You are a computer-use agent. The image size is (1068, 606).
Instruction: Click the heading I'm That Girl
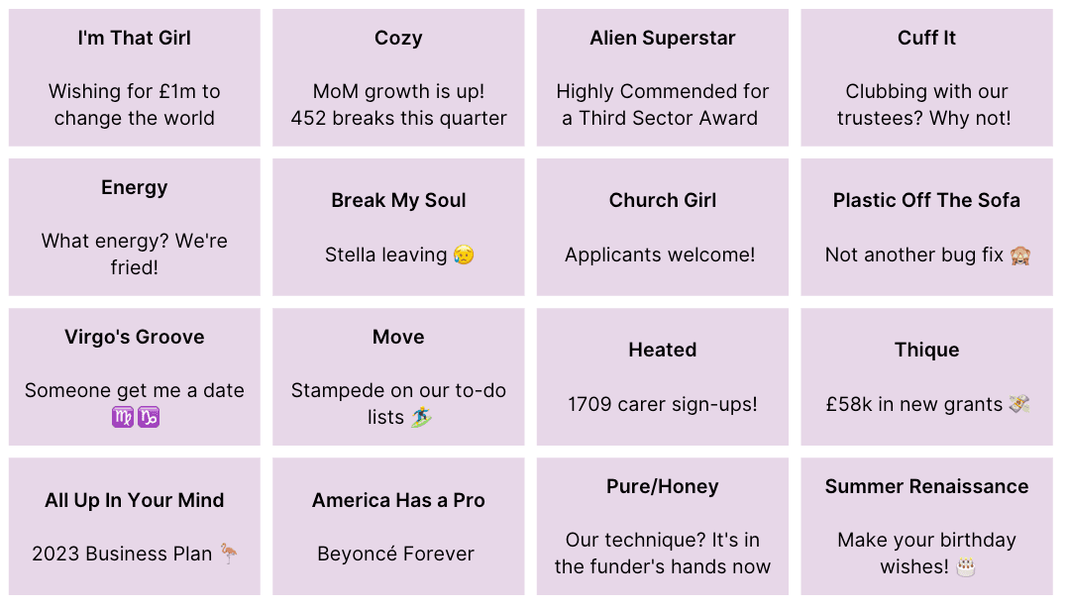click(134, 39)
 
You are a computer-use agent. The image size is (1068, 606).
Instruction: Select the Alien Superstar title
click(662, 39)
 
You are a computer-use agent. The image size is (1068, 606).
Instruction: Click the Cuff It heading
click(926, 39)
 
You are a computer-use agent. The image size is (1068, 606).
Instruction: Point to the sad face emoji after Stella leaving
click(463, 255)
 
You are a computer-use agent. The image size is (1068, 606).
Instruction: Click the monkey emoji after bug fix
click(1019, 255)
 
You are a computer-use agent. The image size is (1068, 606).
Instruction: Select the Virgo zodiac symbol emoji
click(122, 418)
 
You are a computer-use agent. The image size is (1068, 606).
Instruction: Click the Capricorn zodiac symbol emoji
click(148, 418)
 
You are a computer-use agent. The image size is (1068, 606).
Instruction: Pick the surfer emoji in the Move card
click(421, 418)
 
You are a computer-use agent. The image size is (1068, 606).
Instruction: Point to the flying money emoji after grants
click(1019, 404)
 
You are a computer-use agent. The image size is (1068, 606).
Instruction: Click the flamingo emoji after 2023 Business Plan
click(229, 554)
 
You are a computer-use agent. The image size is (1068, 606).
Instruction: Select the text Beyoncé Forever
click(395, 554)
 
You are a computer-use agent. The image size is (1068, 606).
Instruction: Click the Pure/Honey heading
click(662, 486)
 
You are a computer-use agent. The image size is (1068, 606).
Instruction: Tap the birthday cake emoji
click(966, 567)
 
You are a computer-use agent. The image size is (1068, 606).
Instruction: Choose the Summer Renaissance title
click(926, 486)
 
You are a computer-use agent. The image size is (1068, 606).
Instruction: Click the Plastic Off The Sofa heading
click(926, 200)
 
